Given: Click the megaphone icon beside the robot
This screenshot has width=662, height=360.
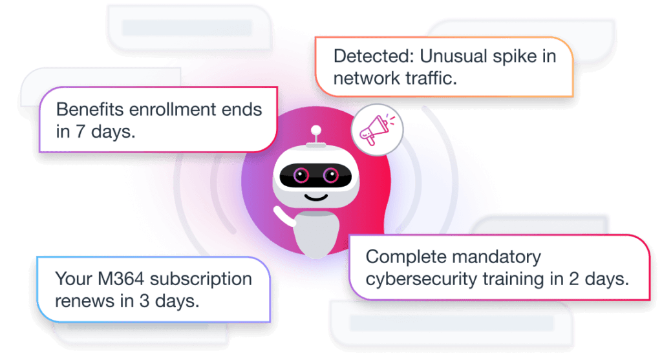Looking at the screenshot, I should click(376, 132).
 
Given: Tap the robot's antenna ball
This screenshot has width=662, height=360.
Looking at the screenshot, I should click(316, 129).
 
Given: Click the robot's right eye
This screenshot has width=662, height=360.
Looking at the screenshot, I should click(330, 174).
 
